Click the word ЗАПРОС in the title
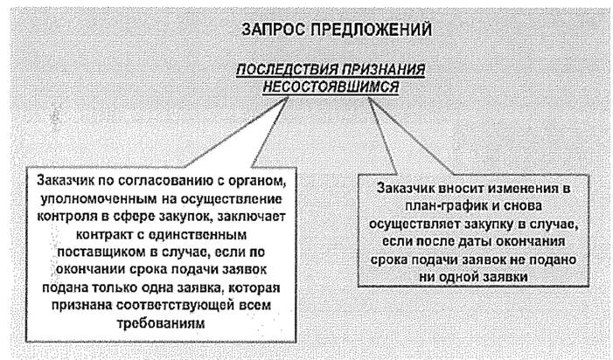(x=273, y=30)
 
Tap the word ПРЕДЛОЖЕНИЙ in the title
(x=371, y=30)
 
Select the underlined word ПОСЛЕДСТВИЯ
(x=287, y=70)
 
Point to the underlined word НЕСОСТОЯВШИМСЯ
(x=331, y=87)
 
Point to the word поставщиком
(x=101, y=252)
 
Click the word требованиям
(x=161, y=323)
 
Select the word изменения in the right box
(x=520, y=188)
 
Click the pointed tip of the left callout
(x=288, y=97)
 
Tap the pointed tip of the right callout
(x=368, y=98)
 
